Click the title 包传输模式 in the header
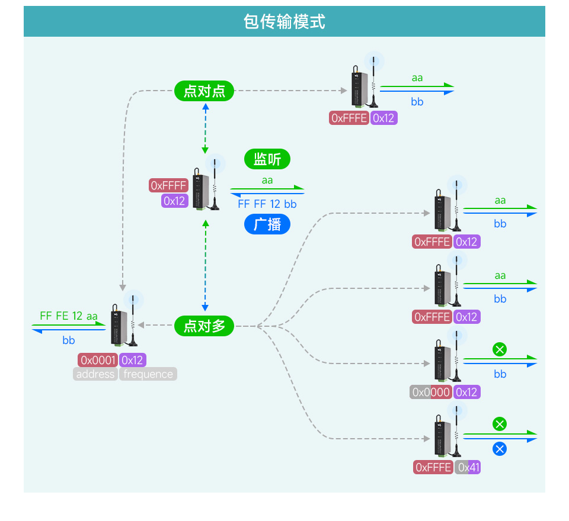tap(284, 22)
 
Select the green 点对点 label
tap(204, 91)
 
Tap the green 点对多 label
tap(204, 326)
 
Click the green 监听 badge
tap(267, 159)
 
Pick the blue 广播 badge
tap(267, 224)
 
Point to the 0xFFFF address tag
tap(168, 186)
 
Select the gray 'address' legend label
tap(95, 374)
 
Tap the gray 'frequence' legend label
tap(148, 374)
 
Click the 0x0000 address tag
tap(430, 392)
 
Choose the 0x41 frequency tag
tap(468, 468)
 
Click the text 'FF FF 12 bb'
tap(267, 204)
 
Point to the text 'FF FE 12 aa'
tap(69, 316)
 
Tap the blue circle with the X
tap(500, 449)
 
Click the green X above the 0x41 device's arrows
tap(500, 424)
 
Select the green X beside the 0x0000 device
tap(500, 349)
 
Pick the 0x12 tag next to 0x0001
tap(132, 360)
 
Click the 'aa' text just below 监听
tap(267, 181)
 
